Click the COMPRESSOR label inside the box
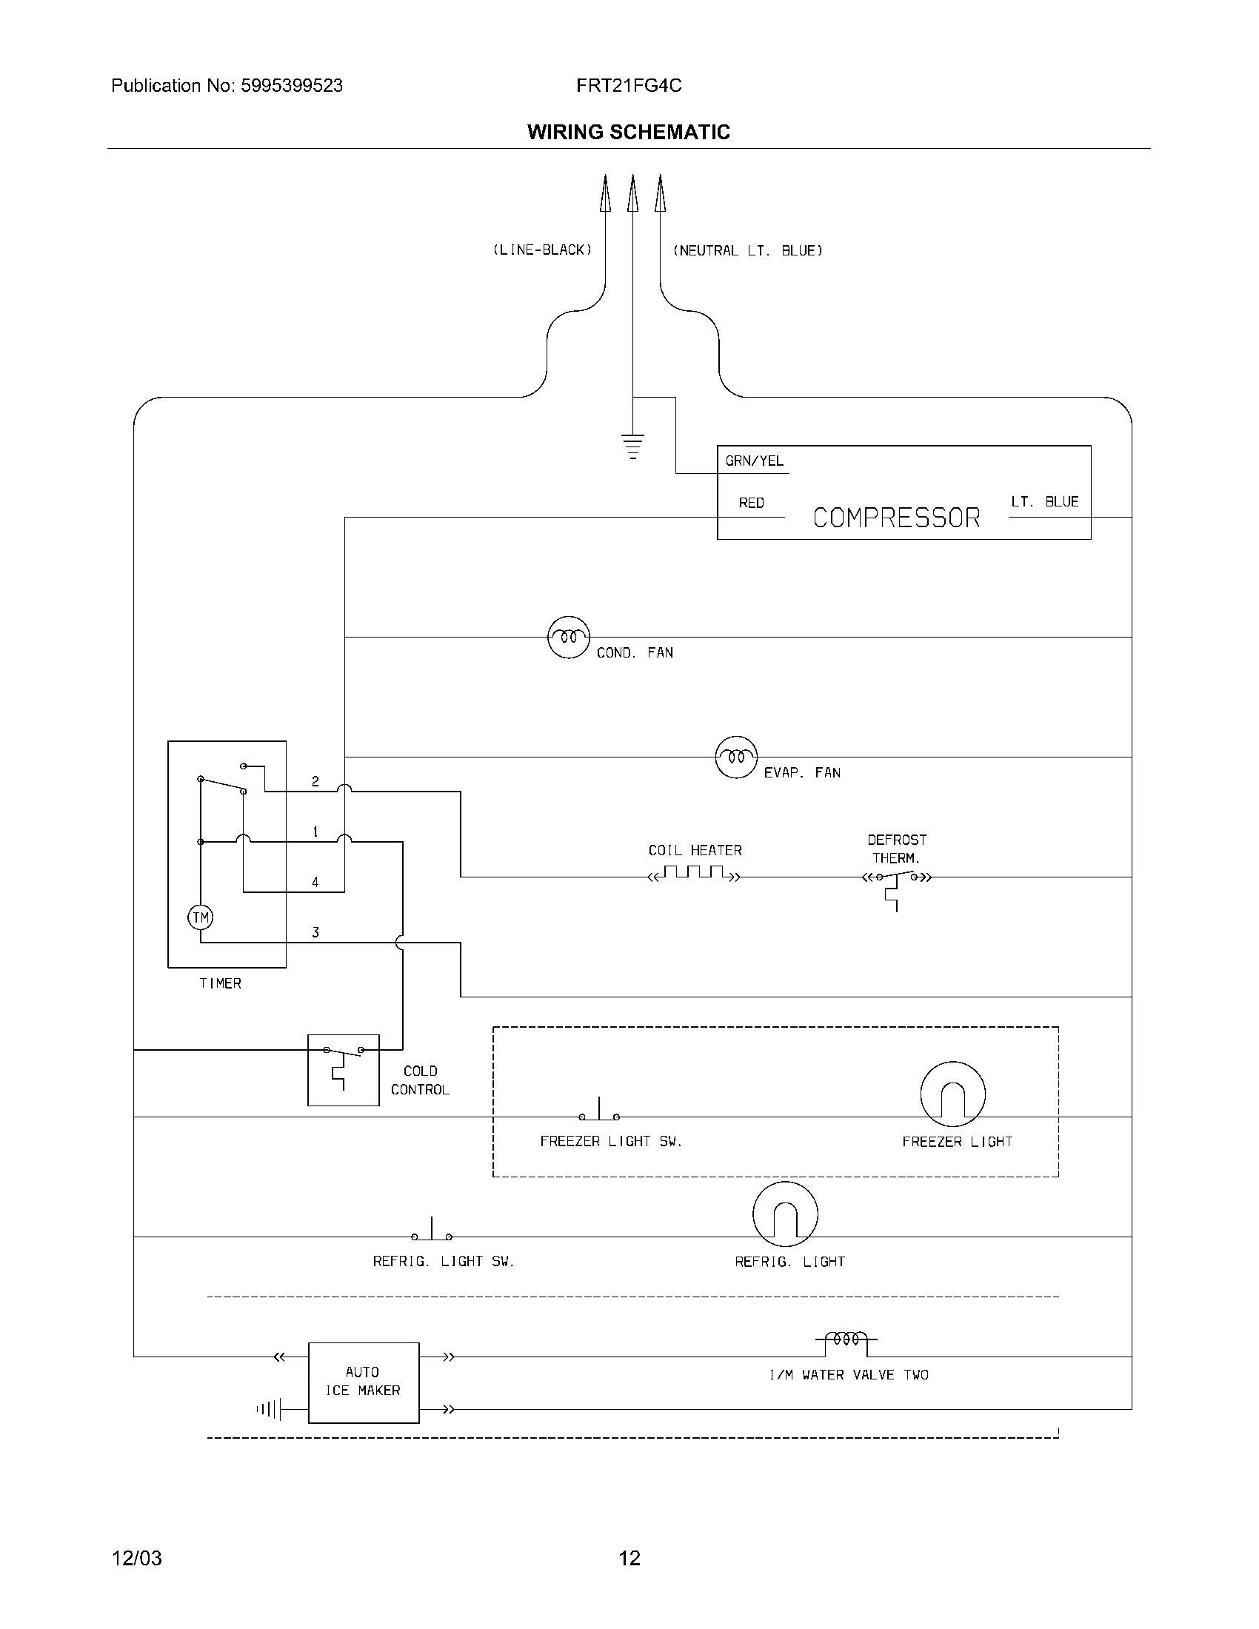tap(896, 518)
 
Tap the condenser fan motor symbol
tap(568, 637)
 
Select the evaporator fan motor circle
tap(736, 757)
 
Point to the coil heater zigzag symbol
tap(695, 874)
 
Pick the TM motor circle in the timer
tap(200, 917)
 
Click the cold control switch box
tap(343, 1070)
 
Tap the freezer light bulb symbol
tap(952, 1094)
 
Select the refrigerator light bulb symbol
tap(784, 1214)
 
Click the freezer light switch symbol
tap(599, 1111)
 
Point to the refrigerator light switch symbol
tap(432, 1231)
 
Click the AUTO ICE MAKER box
tap(363, 1382)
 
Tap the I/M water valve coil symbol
tap(846, 1339)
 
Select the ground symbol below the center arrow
tap(632, 445)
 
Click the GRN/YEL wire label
tap(754, 461)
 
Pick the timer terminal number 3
tap(315, 932)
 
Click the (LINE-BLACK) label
tap(542, 250)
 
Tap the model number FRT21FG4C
tap(628, 86)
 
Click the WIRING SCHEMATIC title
tap(628, 132)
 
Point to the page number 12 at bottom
tap(629, 1558)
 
